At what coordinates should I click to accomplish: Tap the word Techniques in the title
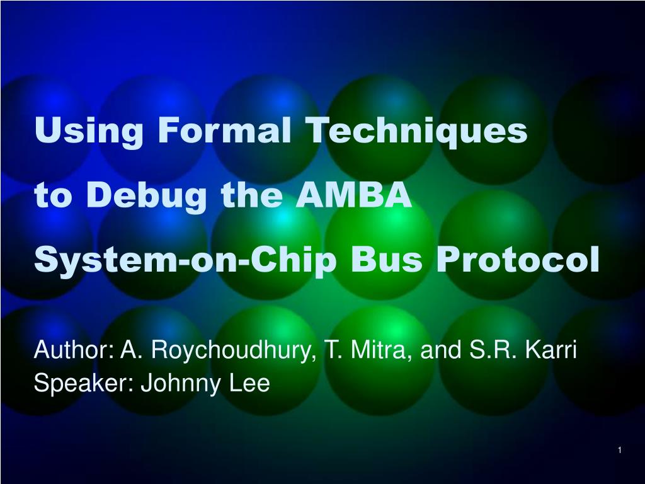[x=416, y=130]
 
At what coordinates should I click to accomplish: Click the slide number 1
[x=620, y=449]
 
